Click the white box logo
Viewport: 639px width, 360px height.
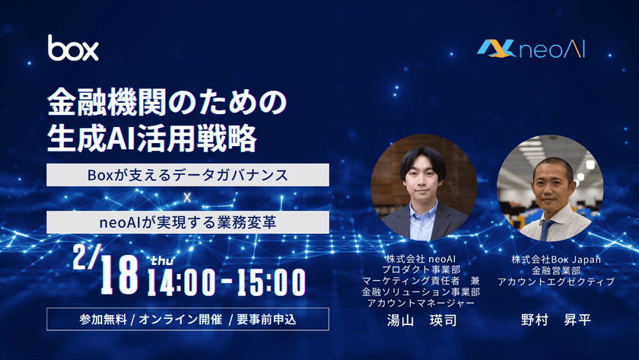(x=73, y=48)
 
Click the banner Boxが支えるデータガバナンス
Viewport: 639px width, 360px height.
(x=187, y=175)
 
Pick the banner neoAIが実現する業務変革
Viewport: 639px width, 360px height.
(x=187, y=222)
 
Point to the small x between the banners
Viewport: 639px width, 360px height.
(x=186, y=199)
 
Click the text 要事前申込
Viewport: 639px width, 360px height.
(x=266, y=318)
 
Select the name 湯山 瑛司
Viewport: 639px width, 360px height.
(x=421, y=321)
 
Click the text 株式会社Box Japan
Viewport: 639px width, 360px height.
(x=556, y=260)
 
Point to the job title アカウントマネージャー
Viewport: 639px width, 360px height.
(x=421, y=303)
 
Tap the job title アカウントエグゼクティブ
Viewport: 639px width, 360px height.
(x=556, y=282)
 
